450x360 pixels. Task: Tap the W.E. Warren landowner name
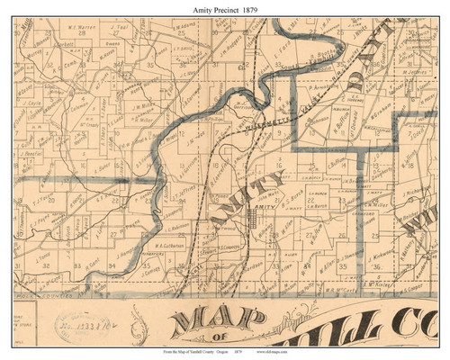[x=82, y=26]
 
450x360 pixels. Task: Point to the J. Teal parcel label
[x=123, y=27]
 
